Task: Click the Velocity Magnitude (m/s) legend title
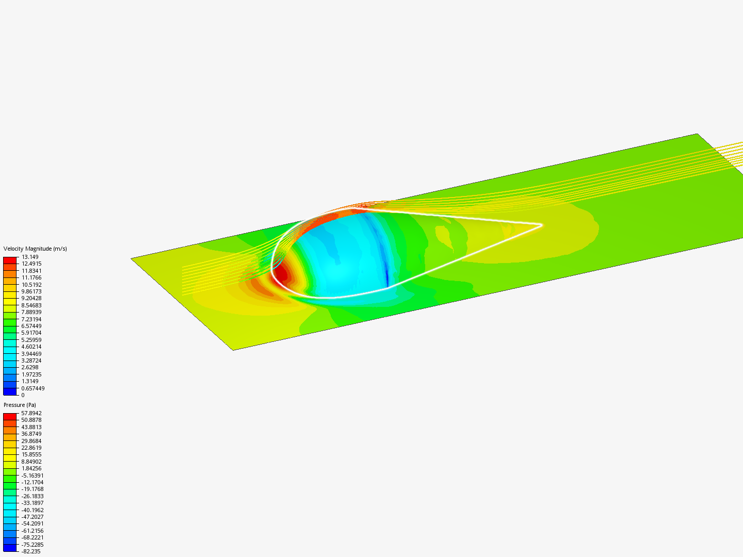point(35,249)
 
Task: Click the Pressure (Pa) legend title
point(20,405)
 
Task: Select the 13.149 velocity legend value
point(30,257)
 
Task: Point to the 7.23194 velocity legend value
point(31,319)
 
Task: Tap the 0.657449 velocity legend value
point(33,388)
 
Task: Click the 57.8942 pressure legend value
point(31,413)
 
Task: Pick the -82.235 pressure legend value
point(31,551)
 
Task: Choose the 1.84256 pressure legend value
point(31,468)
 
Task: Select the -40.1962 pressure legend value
point(33,510)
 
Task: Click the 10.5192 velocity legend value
point(31,285)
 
